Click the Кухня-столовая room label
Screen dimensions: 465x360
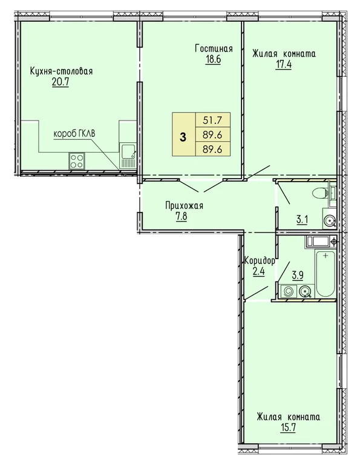[x=61, y=71]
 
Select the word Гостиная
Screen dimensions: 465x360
[x=211, y=47]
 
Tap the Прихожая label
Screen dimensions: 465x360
[x=184, y=206]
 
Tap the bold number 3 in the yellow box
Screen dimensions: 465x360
[x=183, y=136]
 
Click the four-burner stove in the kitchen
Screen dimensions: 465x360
[x=77, y=161]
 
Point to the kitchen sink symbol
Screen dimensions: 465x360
[x=128, y=155]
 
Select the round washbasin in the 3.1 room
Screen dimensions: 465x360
[x=329, y=221]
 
